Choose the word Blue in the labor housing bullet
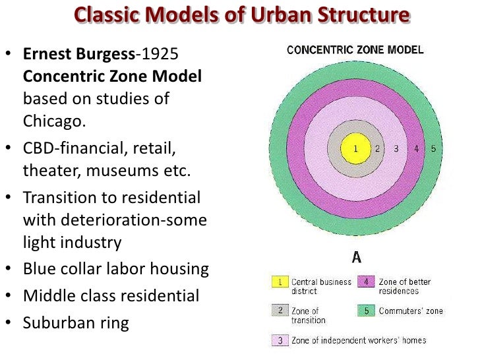pos(38,270)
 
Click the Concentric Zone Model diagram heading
pos(355,50)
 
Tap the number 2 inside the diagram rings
pos(377,149)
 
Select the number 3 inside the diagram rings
pos(396,149)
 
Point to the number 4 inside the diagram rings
pos(416,149)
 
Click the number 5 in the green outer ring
pos(433,149)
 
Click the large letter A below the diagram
pos(356,256)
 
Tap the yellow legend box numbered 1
pos(280,282)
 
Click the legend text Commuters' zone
pos(411,311)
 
